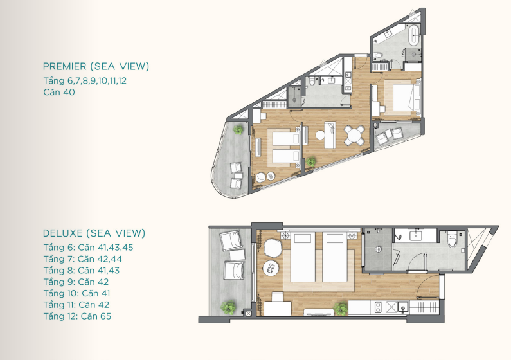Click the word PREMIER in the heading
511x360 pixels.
coord(64,66)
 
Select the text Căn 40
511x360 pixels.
coord(59,92)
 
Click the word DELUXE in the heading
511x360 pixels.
coord(62,233)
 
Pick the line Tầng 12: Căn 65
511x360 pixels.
coord(77,316)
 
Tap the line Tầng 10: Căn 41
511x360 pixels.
coord(76,293)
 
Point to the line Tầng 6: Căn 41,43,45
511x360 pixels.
coord(88,248)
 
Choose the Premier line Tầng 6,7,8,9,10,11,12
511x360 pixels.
coord(85,81)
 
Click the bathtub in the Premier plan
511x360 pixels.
coord(414,35)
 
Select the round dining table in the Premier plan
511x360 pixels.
coord(354,135)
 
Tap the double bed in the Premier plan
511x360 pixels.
coord(403,98)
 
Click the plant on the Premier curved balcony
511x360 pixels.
coord(238,130)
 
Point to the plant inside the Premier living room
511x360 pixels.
coord(311,161)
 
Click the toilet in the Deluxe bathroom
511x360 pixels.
coord(452,240)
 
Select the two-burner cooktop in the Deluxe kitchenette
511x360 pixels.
coord(378,307)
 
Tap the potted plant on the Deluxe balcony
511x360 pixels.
coord(228,307)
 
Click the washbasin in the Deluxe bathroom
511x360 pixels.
coord(415,235)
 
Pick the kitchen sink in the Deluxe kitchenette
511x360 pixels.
coord(403,307)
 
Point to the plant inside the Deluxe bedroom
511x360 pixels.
coord(341,309)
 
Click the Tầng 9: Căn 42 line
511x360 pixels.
coord(76,282)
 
